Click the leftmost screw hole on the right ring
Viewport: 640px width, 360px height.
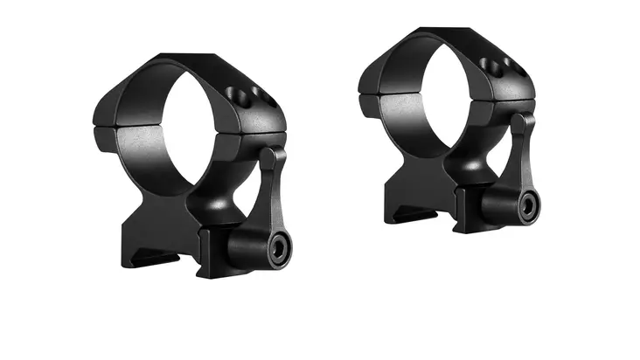tap(486, 63)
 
